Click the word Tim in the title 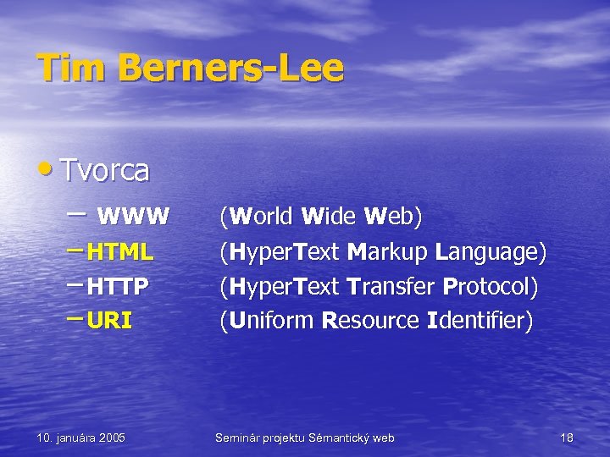point(66,69)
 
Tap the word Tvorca point(106,171)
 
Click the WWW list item point(133,217)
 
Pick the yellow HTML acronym point(120,252)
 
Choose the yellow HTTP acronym point(118,286)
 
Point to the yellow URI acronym point(109,321)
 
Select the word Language point(491,252)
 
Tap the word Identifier point(480,321)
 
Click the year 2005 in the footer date point(111,438)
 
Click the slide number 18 point(567,438)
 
